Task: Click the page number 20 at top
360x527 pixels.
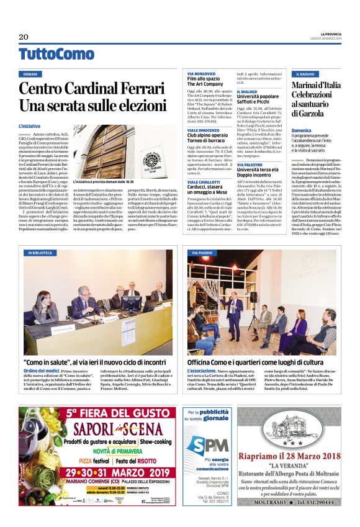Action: point(24,37)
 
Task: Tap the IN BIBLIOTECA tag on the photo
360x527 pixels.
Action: point(40,253)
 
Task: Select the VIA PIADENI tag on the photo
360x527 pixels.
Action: point(202,253)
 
